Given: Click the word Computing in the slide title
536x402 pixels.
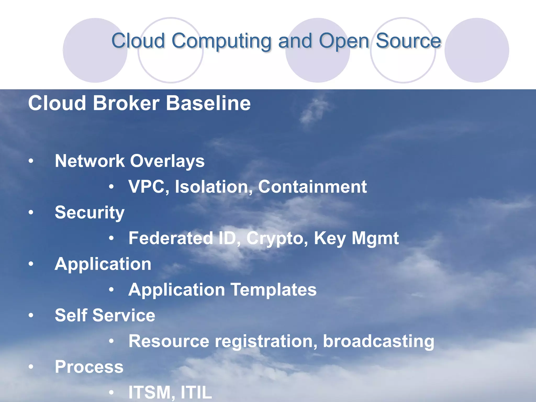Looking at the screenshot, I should (x=221, y=41).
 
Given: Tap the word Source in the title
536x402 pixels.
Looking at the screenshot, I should (x=408, y=41).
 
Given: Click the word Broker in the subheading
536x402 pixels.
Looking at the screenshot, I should (x=126, y=103).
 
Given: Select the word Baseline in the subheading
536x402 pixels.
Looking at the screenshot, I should (x=208, y=103).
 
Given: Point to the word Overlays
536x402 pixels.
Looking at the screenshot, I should (x=167, y=161).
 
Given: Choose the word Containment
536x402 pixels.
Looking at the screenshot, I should (x=312, y=187).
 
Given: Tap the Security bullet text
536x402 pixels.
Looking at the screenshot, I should (x=90, y=213).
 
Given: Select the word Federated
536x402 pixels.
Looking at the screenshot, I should (x=171, y=238).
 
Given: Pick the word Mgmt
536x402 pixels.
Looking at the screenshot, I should (x=375, y=238).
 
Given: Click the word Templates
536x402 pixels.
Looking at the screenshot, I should (x=273, y=290).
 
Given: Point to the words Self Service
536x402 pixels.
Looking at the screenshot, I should (x=105, y=315).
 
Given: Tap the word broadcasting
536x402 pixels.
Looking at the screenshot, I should (x=378, y=341).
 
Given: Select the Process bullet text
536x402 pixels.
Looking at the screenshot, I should (x=89, y=367).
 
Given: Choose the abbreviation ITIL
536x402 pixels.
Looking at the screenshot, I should (x=196, y=392).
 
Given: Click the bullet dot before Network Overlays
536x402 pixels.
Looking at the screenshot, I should (x=31, y=161).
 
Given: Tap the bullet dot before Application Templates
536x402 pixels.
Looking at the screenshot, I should (x=111, y=290).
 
